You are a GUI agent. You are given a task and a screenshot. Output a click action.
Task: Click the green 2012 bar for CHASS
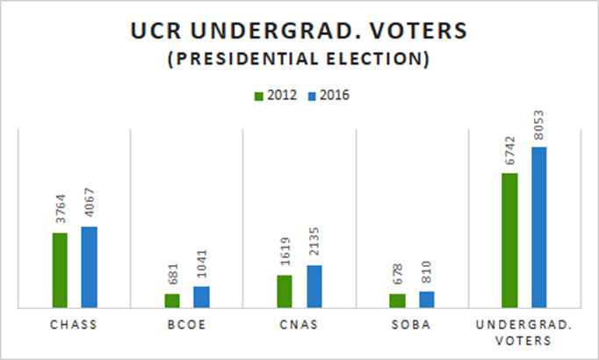[x=60, y=270]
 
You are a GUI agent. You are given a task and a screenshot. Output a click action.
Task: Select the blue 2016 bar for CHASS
[x=89, y=267]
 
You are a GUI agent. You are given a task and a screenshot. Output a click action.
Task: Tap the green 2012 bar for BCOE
[x=172, y=300]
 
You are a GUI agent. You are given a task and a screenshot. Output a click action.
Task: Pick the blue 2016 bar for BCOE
[x=201, y=297]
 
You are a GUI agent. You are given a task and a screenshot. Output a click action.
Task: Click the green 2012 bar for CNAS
[x=285, y=292]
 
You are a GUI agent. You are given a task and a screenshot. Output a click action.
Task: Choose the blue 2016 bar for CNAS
[x=314, y=286]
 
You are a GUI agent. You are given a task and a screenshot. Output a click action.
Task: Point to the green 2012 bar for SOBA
[x=397, y=300]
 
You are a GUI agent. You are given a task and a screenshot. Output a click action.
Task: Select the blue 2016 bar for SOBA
[x=426, y=299]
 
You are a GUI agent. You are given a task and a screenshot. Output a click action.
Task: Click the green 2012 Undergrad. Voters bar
[x=509, y=241]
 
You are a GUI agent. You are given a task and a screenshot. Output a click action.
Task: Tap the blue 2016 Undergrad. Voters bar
[x=538, y=227]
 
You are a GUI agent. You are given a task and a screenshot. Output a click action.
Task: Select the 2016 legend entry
[x=327, y=96]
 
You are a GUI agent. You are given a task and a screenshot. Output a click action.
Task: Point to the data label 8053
[x=539, y=126]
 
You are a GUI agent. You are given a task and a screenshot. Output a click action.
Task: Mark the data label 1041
[x=202, y=266]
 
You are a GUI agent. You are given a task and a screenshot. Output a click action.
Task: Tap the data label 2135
[x=314, y=245]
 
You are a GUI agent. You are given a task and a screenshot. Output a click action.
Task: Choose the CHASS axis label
[x=74, y=325]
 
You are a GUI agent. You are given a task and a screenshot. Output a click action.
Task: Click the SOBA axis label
[x=411, y=325]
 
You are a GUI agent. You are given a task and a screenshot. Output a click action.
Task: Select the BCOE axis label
[x=186, y=325]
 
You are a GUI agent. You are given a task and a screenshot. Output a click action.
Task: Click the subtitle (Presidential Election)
[x=299, y=61]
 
